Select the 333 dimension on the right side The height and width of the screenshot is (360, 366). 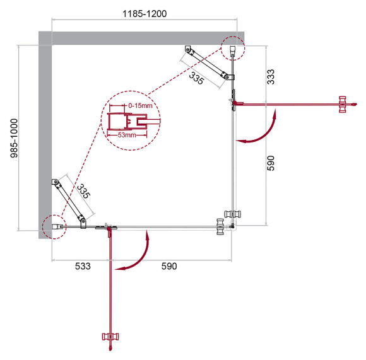[271, 76]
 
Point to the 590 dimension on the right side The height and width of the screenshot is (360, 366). [271, 163]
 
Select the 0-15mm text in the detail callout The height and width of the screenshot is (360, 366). [139, 105]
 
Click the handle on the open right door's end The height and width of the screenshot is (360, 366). [343, 105]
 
